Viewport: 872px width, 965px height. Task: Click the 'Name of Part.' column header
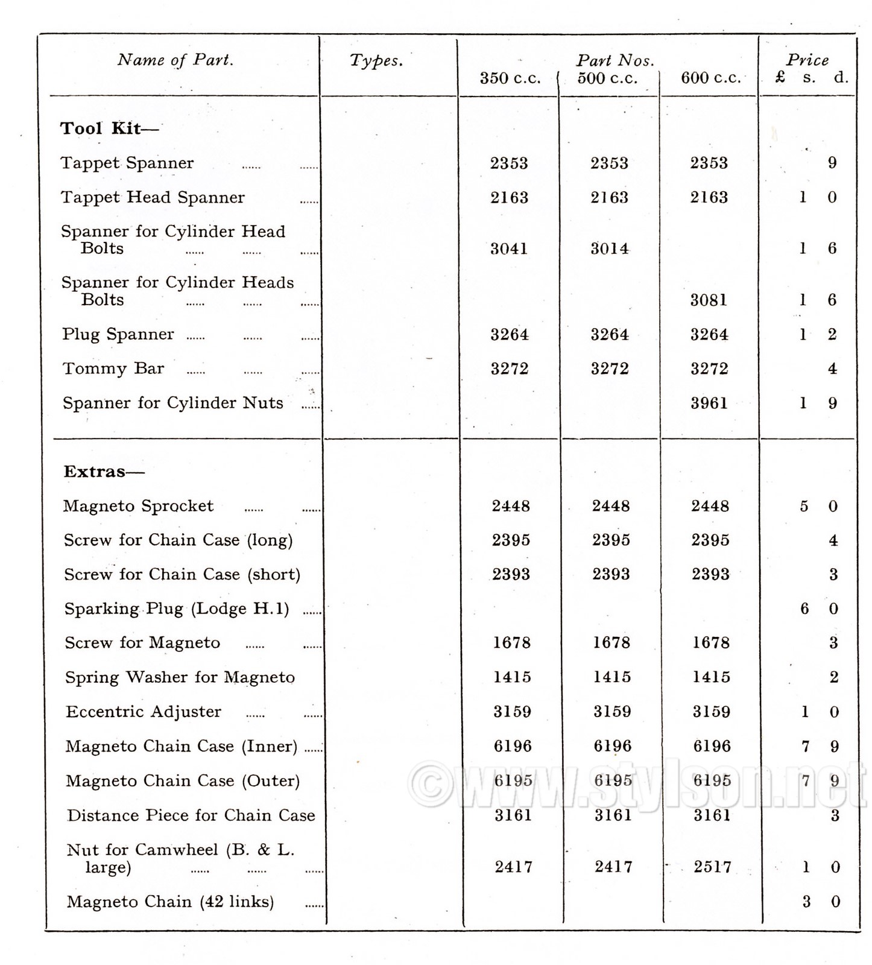click(175, 60)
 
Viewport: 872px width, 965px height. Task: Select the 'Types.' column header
click(376, 60)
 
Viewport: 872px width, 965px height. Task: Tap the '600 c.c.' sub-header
click(710, 78)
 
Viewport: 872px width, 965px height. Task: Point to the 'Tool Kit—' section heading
click(109, 128)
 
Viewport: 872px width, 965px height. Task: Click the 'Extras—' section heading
click(104, 472)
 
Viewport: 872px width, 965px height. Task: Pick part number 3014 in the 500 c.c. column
click(609, 248)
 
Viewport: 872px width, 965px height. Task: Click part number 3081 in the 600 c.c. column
click(709, 300)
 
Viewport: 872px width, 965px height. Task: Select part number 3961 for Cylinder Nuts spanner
click(709, 403)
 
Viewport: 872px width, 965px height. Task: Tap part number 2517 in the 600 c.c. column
click(712, 867)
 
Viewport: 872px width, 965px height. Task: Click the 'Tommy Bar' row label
click(113, 369)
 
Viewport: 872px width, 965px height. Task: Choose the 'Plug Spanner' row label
click(118, 334)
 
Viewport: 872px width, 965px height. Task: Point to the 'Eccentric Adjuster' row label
click(144, 712)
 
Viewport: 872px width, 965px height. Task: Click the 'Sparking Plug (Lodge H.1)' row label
click(177, 609)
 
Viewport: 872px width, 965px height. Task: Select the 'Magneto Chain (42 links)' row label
click(170, 902)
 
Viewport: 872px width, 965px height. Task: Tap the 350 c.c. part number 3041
click(509, 248)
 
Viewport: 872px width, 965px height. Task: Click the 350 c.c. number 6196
click(513, 746)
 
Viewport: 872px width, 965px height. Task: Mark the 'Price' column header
click(807, 60)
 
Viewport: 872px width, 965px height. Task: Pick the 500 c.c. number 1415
click(611, 677)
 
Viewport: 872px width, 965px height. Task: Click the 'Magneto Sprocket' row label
click(138, 506)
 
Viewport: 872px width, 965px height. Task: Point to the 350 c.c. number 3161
click(513, 815)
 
